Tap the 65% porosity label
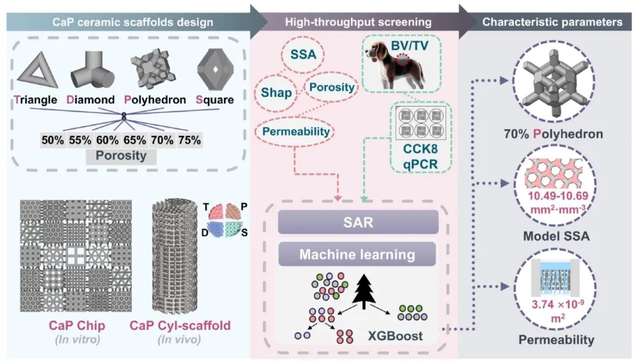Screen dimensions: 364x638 (134, 140)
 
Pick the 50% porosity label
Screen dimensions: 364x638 (53, 140)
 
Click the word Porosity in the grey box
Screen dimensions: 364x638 (121, 157)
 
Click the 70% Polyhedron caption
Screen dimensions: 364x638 (555, 134)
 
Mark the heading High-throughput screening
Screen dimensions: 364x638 (358, 22)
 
